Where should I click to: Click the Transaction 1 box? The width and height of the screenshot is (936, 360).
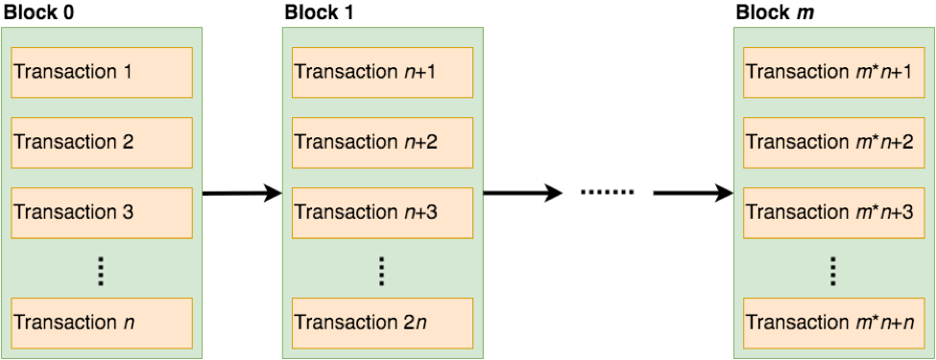(x=102, y=71)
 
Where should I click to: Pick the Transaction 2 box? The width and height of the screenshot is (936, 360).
(x=102, y=142)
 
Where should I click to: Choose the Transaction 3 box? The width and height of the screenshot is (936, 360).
(x=102, y=212)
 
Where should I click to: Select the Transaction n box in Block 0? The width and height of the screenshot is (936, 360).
(x=102, y=323)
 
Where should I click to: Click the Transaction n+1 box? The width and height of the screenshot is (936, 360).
(x=382, y=71)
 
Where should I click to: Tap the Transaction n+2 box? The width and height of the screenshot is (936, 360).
(x=382, y=142)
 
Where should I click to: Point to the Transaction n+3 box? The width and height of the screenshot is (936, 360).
(x=382, y=212)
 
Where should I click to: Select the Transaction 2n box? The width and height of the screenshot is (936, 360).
(x=382, y=323)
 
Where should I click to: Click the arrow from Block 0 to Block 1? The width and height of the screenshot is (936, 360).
(x=241, y=194)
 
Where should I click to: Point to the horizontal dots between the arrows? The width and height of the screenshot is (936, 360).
(x=607, y=194)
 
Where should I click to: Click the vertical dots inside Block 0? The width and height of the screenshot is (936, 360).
(x=102, y=272)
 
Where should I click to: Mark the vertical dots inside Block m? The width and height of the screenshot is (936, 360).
(x=834, y=272)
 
